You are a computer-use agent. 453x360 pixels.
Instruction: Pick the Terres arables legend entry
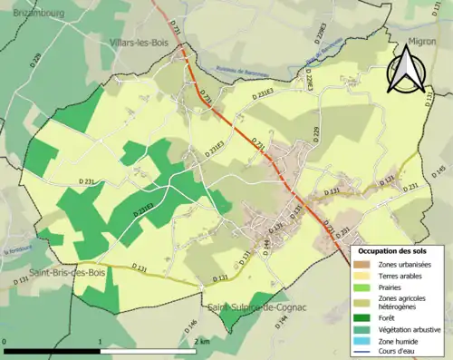pyautogui.click(x=398, y=276)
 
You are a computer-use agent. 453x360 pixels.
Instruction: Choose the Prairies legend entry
pyautogui.click(x=391, y=287)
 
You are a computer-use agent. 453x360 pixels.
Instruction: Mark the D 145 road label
pyautogui.click(x=439, y=170)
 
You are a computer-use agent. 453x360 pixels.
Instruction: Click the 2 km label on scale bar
pyautogui.click(x=201, y=341)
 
